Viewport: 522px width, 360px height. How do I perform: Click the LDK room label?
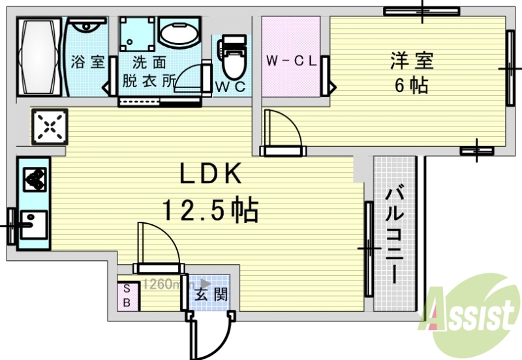tap(211, 174)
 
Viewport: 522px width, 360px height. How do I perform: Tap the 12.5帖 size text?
tap(210, 210)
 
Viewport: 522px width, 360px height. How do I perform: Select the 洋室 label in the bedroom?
tap(411, 61)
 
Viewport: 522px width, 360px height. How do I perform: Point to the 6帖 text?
tap(411, 85)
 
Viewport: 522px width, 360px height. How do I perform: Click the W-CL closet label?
tap(291, 62)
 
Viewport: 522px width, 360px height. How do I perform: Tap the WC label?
tap(231, 87)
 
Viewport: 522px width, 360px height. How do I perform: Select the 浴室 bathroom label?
tap(88, 63)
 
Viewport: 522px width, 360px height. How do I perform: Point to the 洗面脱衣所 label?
tap(149, 72)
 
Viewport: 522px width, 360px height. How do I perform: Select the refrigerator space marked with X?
tap(48, 127)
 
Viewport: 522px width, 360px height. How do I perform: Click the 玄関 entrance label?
tap(212, 295)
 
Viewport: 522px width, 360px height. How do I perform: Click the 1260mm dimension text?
tap(164, 284)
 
